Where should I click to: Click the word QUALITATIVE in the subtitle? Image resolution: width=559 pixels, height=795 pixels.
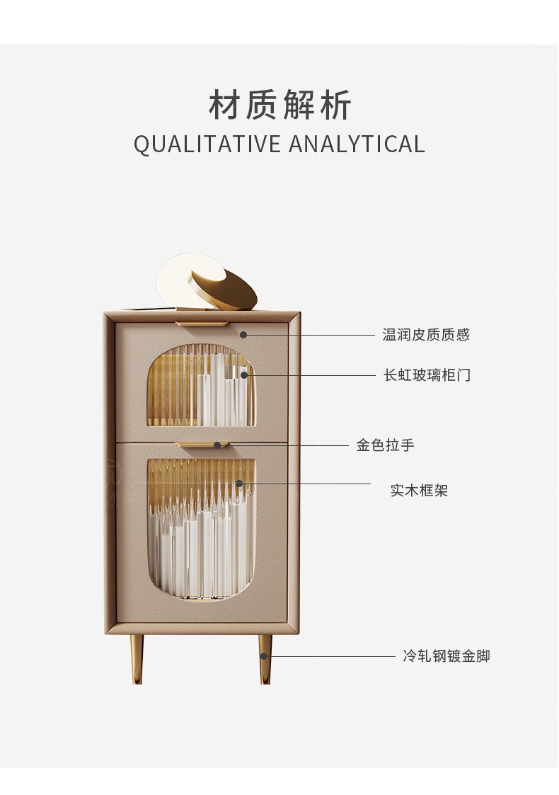click(207, 144)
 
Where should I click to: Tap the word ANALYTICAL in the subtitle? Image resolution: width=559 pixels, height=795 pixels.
click(357, 144)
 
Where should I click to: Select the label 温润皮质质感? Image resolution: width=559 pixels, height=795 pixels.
click(426, 335)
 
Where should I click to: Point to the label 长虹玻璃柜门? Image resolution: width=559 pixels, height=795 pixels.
click(427, 375)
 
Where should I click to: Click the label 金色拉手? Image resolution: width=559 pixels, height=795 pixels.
click(385, 445)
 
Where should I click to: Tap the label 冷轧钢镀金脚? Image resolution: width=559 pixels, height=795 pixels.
click(446, 656)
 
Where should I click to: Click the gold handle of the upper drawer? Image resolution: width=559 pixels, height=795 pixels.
click(202, 324)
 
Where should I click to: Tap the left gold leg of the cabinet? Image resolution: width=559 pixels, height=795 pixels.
click(137, 658)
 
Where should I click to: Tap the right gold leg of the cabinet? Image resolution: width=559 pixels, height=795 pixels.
click(265, 658)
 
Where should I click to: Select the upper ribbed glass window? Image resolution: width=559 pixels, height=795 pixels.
click(200, 387)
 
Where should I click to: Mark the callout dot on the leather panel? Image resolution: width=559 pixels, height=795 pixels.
click(243, 334)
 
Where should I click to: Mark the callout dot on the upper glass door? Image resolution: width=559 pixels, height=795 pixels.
click(244, 374)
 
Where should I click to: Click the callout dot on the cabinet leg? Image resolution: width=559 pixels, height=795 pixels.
click(265, 656)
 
